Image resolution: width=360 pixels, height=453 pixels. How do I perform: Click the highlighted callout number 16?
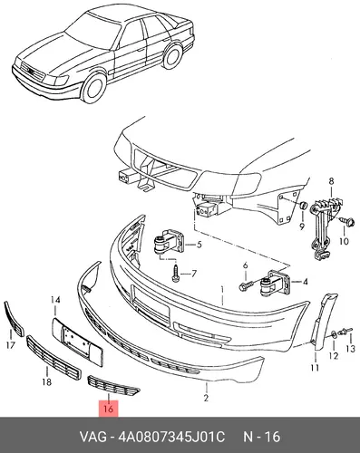coord(108,409)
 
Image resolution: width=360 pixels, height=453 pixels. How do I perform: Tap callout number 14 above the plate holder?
coord(55,300)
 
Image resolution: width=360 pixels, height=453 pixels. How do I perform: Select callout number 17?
coord(11,344)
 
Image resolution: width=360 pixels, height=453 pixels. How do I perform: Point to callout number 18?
coord(46,382)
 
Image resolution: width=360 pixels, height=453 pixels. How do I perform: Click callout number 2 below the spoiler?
coord(206,398)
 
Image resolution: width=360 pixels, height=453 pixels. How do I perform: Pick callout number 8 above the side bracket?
coord(331,181)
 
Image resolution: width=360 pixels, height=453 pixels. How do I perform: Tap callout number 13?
coord(350,349)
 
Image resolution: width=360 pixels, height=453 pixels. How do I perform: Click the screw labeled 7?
coord(176,274)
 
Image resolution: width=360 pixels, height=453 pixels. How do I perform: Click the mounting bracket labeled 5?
coord(169,244)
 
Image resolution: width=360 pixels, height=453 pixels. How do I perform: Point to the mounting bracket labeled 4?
coord(276,284)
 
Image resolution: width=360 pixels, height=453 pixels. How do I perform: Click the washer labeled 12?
coord(334,334)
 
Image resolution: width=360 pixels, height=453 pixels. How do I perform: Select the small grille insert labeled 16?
coord(113,385)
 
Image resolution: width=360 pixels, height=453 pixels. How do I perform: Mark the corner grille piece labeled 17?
coord(14,319)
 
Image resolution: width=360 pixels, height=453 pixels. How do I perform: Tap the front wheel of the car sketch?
coord(94,86)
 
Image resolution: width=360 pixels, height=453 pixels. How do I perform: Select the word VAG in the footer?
coord(92,438)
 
